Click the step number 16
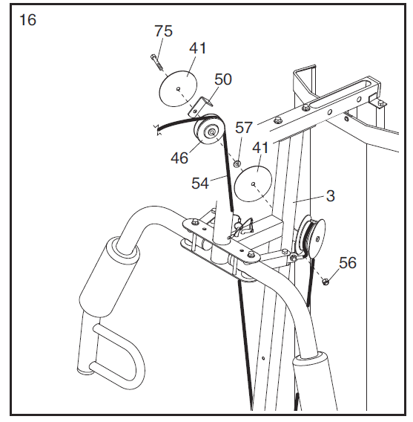[x=27, y=20]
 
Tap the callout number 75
[x=163, y=31]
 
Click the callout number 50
[x=222, y=79]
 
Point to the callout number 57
[x=245, y=127]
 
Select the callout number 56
[x=348, y=262]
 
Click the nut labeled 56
[x=326, y=280]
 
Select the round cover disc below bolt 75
[x=178, y=88]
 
